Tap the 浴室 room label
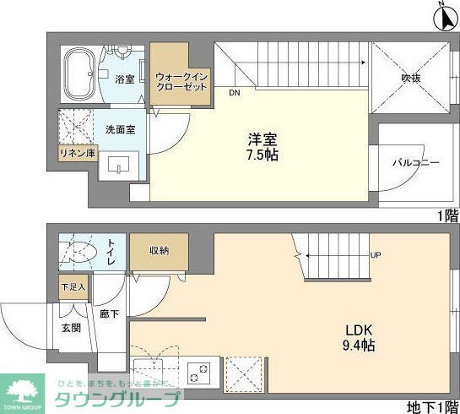pyautogui.click(x=125, y=79)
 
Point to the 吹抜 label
pyautogui.click(x=411, y=79)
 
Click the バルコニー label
pyautogui.click(x=415, y=162)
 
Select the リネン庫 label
pyautogui.click(x=77, y=154)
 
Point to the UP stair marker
pyautogui.click(x=374, y=254)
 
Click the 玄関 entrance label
pyautogui.click(x=70, y=327)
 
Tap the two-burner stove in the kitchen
pyautogui.click(x=201, y=371)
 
